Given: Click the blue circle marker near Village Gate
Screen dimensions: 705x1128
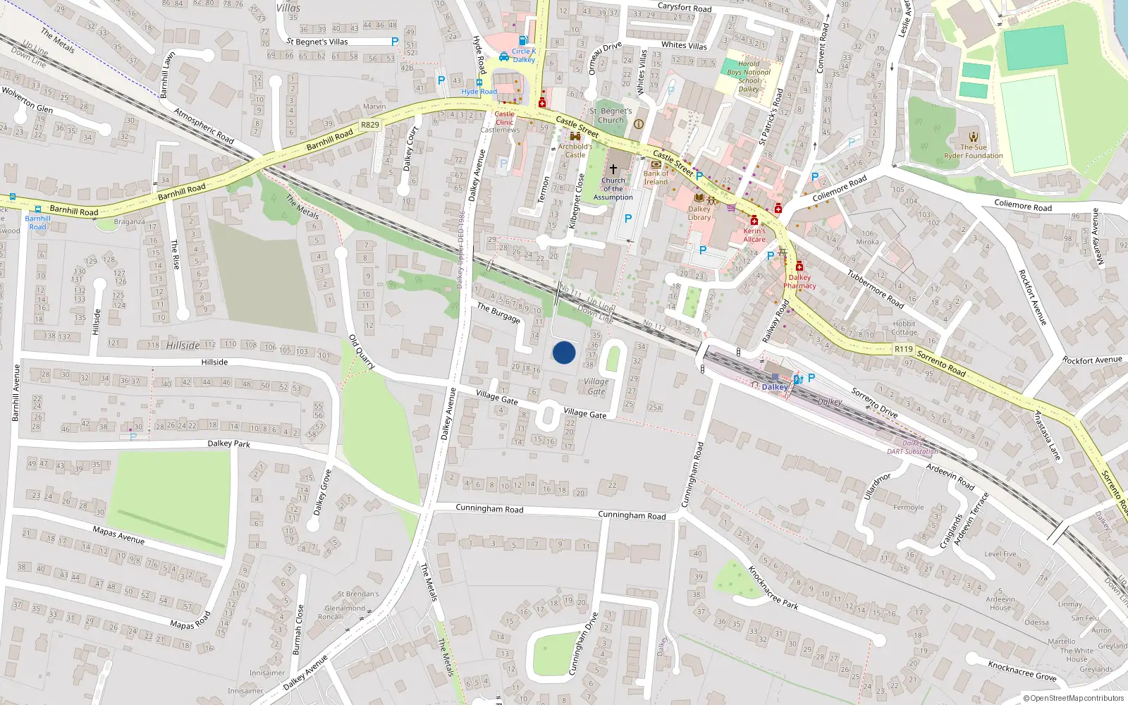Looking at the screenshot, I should point(564,352).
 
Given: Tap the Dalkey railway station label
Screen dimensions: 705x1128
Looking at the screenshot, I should point(775,387).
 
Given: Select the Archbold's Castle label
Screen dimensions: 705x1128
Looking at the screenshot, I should point(575,151).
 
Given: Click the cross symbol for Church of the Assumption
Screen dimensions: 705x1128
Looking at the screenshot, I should point(613,169).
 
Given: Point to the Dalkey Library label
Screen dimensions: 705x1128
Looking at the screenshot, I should point(699,213).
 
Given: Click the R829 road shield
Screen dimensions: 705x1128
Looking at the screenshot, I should point(370,125).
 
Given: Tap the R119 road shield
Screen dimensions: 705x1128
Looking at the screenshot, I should point(904,349).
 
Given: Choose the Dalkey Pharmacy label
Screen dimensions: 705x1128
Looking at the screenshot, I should point(799,281).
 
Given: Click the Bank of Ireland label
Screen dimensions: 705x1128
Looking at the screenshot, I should point(656,178).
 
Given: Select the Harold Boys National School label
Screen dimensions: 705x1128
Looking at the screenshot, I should point(749,76).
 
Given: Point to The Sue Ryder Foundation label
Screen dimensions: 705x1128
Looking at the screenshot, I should point(974,152).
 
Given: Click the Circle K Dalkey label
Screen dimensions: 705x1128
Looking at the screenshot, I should point(524,55).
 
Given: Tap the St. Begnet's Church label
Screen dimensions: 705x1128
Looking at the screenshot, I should point(611,116).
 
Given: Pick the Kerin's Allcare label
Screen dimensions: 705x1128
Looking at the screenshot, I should point(754,235).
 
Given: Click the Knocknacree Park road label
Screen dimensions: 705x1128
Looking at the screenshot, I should point(773,587).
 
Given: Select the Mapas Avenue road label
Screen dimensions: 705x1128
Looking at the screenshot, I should point(118,535).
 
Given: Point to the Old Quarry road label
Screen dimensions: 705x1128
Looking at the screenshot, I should point(362,352).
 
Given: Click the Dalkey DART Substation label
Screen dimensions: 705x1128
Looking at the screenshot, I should point(912,448).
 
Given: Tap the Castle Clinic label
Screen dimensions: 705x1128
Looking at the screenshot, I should point(505,118).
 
